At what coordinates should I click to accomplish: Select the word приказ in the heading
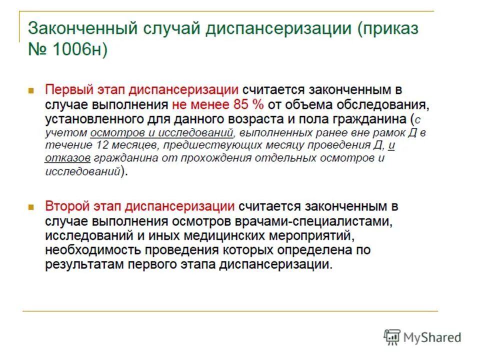click(x=389, y=28)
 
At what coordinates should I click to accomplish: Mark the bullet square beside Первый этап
click(x=31, y=91)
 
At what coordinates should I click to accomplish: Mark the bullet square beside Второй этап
click(x=31, y=206)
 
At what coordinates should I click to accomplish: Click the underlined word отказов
click(x=67, y=158)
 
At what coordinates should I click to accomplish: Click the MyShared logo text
click(x=433, y=337)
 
